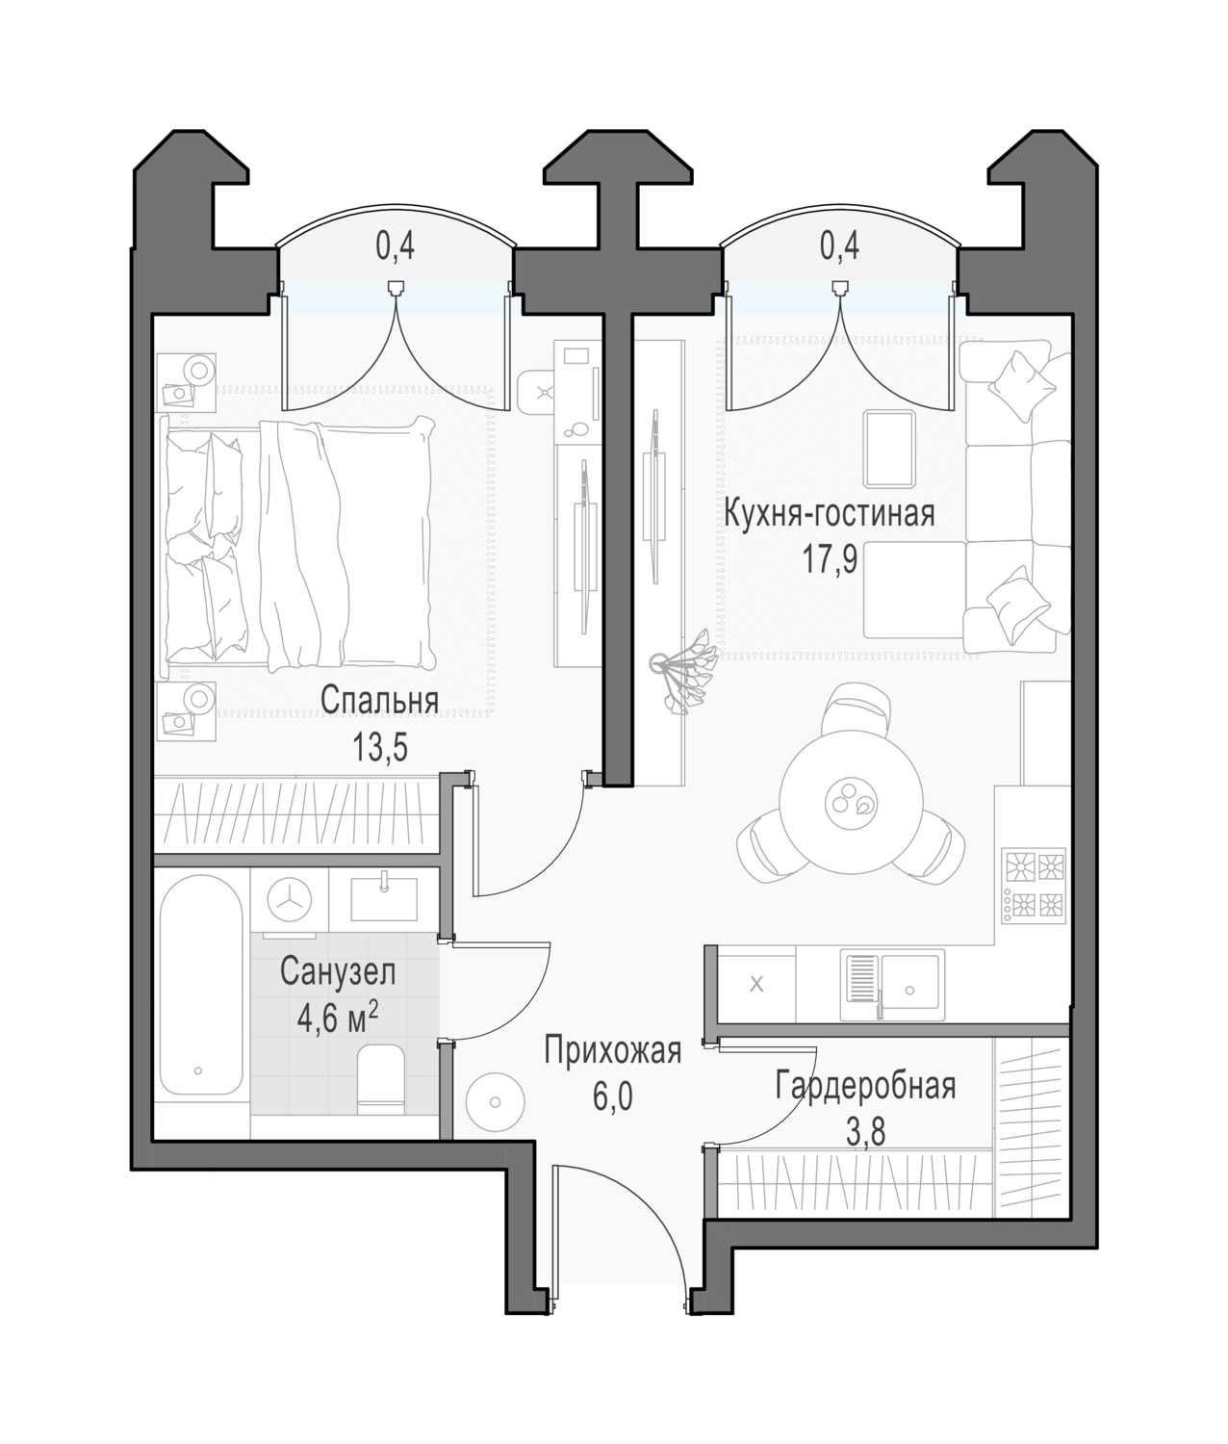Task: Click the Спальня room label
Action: tap(379, 701)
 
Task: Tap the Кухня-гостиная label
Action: tap(830, 513)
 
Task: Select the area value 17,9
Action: tap(830, 559)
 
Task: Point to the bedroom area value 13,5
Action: tap(379, 747)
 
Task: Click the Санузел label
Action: tap(338, 971)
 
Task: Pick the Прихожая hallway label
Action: tap(613, 1050)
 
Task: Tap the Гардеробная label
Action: tap(865, 1086)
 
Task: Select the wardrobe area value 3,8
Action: tap(865, 1133)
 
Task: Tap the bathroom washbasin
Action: tap(383, 899)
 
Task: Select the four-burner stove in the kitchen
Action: tap(1035, 886)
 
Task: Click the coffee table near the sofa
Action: tap(889, 449)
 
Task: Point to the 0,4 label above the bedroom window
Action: tap(396, 246)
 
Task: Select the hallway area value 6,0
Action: tap(613, 1097)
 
